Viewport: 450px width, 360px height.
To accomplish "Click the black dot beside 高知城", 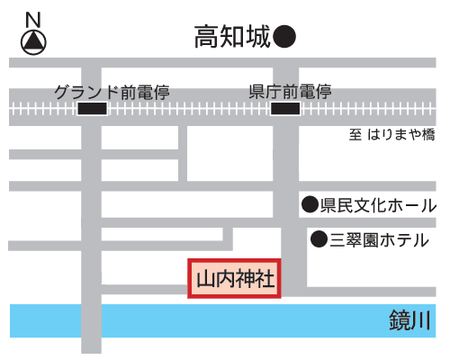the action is (284, 36).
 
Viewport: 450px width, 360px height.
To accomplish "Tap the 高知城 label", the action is (232, 37).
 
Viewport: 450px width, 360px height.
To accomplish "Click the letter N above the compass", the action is (33, 20).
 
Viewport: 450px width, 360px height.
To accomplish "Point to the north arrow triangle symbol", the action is (33, 42).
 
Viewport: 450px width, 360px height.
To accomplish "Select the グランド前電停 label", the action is (112, 92).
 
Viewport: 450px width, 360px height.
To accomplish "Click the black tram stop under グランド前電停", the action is (93, 109).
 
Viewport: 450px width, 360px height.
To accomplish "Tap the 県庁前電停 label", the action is (290, 92).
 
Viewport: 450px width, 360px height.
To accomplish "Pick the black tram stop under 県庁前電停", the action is (285, 109).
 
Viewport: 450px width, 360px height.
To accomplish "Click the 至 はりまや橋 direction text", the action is (391, 134).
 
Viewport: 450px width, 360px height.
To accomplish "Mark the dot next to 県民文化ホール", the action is (310, 205).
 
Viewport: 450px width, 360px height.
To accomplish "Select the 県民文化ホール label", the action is (379, 205).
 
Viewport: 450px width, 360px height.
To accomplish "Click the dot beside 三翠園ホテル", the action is (319, 239).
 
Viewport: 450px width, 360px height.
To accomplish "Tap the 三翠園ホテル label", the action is (380, 240).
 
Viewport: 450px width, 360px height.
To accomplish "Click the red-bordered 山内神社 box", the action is (234, 278).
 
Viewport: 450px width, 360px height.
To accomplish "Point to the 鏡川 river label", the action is (409, 320).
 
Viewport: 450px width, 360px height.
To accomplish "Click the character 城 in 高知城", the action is (258, 37).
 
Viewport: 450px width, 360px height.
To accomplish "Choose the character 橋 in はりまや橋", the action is (428, 134).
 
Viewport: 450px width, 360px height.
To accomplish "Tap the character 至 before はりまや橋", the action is (355, 135).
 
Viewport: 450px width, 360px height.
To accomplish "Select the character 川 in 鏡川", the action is (421, 320).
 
